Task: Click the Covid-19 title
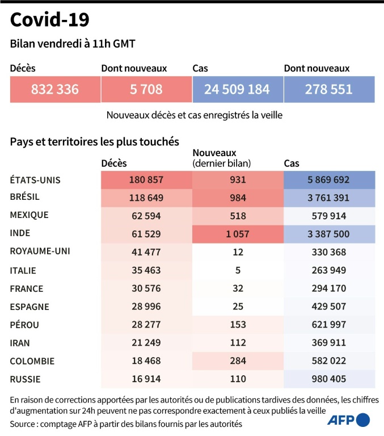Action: click(x=49, y=20)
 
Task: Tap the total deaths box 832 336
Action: click(x=55, y=89)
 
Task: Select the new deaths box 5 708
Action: click(x=146, y=89)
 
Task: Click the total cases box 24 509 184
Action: click(x=237, y=89)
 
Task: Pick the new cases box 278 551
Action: click(x=328, y=89)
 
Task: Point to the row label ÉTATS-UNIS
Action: click(x=35, y=180)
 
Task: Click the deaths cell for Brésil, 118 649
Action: click(x=146, y=198)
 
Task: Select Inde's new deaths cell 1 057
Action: click(x=238, y=234)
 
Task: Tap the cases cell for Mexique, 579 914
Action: click(x=328, y=216)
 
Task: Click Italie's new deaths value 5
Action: click(x=238, y=270)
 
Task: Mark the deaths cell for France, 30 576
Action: click(x=146, y=288)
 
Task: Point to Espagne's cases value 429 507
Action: click(x=328, y=307)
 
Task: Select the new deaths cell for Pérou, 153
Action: click(x=238, y=325)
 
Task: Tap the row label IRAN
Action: click(x=20, y=343)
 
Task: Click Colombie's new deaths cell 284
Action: click(x=238, y=361)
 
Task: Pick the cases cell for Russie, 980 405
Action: click(x=328, y=379)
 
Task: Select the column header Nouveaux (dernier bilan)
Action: click(x=222, y=158)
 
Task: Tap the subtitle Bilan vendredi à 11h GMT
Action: click(x=73, y=44)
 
